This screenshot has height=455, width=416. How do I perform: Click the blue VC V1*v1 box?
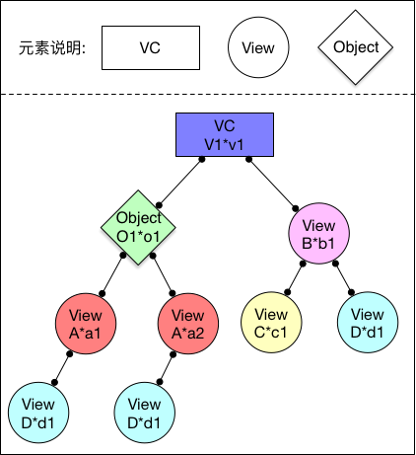225,135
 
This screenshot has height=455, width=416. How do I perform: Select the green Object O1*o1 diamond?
138,227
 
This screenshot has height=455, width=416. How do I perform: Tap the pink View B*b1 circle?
318,233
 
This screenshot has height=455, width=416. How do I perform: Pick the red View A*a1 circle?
86,324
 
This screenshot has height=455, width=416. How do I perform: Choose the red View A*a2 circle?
188,324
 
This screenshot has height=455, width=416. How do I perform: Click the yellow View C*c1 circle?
271,323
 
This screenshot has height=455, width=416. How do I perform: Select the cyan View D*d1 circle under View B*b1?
368,323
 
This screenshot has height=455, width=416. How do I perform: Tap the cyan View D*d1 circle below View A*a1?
38,413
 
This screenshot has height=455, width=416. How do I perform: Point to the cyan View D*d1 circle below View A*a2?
145,413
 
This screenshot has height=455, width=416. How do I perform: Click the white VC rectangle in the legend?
151,48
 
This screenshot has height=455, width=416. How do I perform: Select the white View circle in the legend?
258,47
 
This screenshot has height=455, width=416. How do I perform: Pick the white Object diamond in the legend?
356,47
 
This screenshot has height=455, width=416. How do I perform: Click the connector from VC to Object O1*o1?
180,183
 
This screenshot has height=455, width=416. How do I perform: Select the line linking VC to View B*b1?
272,184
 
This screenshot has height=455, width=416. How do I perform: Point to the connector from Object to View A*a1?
112,274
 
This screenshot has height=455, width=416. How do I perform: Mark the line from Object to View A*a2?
163,274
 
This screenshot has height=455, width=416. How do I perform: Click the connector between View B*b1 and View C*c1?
295,278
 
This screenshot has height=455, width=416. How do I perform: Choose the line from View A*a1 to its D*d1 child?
62,368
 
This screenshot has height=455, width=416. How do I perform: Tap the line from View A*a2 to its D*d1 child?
167,368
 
